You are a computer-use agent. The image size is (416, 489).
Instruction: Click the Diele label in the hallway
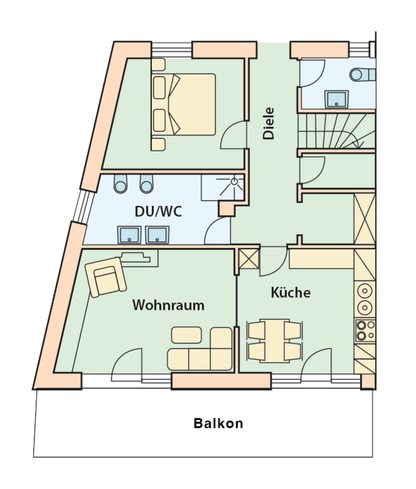(x=268, y=124)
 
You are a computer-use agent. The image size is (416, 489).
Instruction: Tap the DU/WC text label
(x=158, y=211)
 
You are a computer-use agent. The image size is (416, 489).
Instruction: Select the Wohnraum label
(x=168, y=305)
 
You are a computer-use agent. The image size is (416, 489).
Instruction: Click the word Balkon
(x=218, y=423)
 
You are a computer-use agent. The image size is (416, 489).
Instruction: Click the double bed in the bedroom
(x=184, y=105)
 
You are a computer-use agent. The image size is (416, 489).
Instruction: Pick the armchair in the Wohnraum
(x=106, y=277)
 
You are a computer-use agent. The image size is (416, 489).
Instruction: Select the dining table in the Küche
(x=275, y=341)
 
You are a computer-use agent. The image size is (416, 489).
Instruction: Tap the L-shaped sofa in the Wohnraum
(x=200, y=349)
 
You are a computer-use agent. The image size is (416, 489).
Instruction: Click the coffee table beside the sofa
(x=187, y=335)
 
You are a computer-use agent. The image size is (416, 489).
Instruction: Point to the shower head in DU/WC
(x=234, y=182)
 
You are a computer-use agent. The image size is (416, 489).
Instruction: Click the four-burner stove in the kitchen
(x=365, y=331)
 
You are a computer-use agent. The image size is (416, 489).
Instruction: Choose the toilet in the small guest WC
(x=363, y=75)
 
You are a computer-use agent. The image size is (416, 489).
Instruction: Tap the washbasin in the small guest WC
(x=337, y=99)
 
